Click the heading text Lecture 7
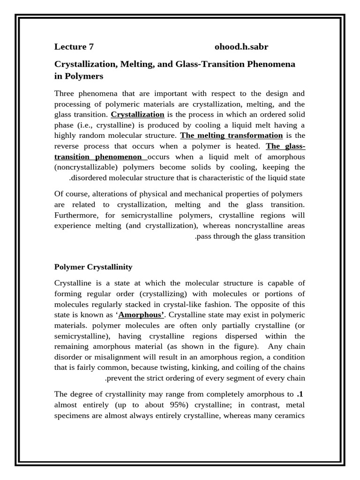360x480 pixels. click(x=74, y=46)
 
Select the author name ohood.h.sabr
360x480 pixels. click(x=241, y=46)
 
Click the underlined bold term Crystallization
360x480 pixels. click(x=137, y=114)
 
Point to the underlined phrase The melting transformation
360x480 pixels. click(x=232, y=135)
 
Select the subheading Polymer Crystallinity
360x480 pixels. click(x=93, y=267)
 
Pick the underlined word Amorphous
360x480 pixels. click(x=141, y=315)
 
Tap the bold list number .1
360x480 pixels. click(x=300, y=393)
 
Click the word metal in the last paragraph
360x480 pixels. click(x=295, y=404)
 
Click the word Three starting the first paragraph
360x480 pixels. click(x=65, y=93)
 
